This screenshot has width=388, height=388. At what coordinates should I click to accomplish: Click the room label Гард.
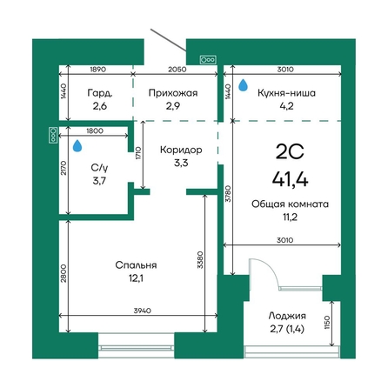[100, 93]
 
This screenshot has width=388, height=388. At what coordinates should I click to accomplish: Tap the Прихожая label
[173, 93]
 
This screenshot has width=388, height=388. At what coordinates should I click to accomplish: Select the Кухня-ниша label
[286, 93]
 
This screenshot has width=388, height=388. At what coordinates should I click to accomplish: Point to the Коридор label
[181, 150]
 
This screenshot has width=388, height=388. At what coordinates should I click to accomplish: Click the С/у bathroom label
[99, 168]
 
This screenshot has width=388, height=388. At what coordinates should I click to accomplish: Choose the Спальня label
[136, 265]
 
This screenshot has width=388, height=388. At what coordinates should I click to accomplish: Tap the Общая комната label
[290, 204]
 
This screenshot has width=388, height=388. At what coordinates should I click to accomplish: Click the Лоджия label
[287, 316]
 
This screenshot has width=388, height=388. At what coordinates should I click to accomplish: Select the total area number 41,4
[290, 179]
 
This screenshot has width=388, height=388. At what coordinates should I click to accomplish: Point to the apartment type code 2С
[290, 151]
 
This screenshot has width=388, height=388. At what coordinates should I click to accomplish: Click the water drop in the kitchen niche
[243, 85]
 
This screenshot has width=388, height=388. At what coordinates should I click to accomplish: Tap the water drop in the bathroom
[77, 145]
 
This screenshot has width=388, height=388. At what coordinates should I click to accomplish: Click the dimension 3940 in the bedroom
[143, 311]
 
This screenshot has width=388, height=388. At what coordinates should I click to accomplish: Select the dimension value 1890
[98, 70]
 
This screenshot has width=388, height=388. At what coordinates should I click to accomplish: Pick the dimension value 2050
[177, 70]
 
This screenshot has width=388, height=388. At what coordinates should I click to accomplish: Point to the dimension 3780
[228, 193]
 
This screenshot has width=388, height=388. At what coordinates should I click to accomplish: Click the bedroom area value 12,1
[136, 278]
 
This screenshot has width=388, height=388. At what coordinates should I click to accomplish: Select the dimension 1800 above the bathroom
[95, 130]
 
